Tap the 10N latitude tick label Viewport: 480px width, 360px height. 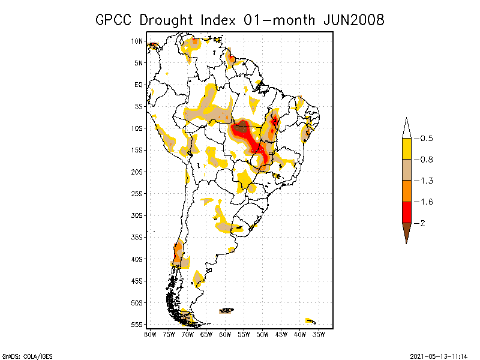(137, 41)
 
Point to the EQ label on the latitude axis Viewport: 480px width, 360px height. (139, 85)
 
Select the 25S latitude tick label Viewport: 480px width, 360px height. (137, 193)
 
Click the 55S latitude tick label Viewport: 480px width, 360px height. (137, 324)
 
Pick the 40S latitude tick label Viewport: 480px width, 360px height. (137, 259)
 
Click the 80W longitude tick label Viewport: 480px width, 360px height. (150, 334)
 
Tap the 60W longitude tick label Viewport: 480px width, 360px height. (225, 334)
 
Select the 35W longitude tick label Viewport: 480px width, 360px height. (319, 334)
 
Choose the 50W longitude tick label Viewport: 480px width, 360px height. (262, 334)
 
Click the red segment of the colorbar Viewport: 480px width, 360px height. (406, 212)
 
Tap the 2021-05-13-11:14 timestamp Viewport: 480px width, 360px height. (439, 355)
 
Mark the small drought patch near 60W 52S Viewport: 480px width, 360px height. (227, 310)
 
